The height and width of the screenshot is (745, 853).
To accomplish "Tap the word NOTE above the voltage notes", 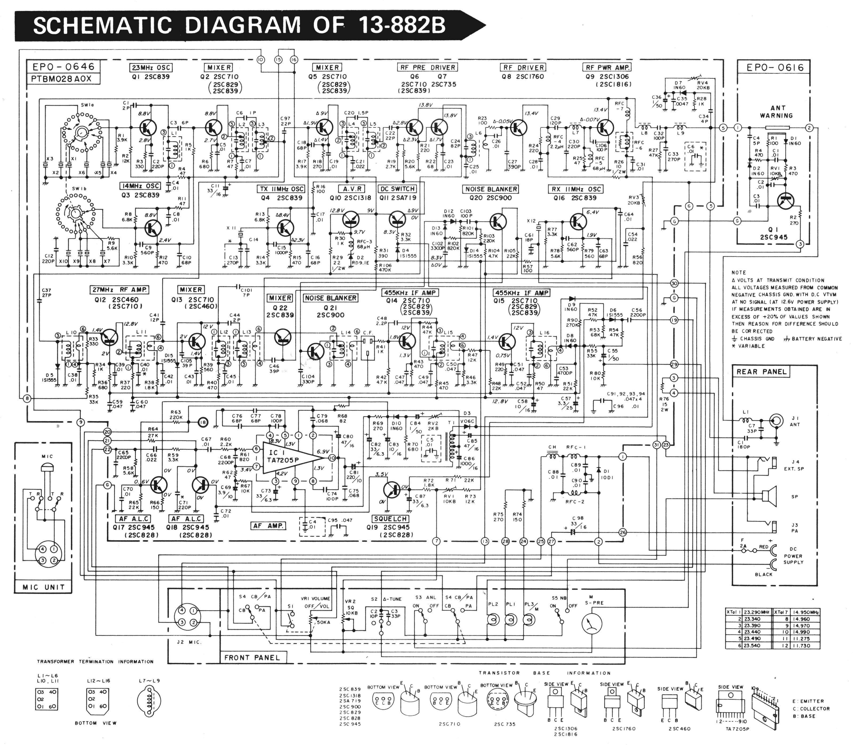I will [x=739, y=273].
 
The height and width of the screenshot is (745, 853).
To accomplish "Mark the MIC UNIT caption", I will [x=43, y=587].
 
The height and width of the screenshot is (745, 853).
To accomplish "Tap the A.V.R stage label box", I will [x=353, y=189].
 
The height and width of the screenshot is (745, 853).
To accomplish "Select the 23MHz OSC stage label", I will [x=151, y=68].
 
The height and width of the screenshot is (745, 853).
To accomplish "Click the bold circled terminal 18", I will [x=203, y=422].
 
